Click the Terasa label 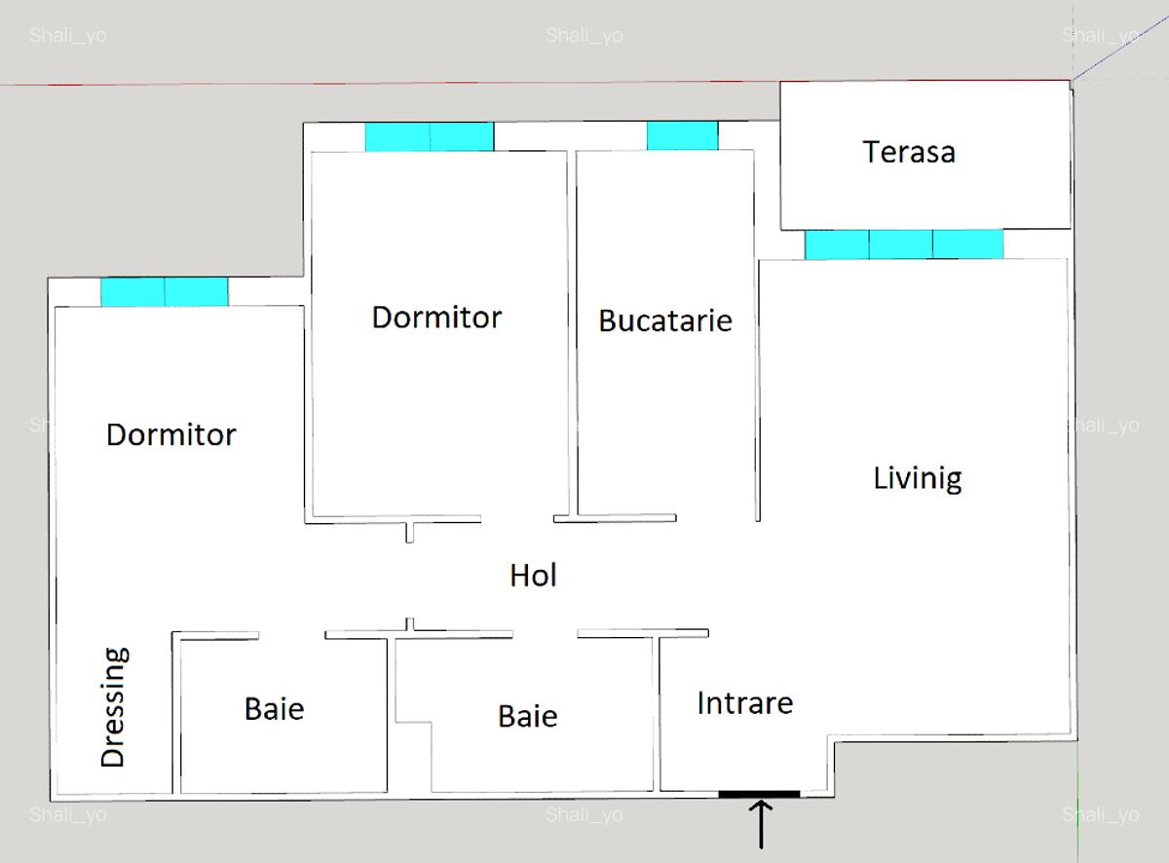(908, 152)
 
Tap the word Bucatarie (664, 320)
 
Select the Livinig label (917, 478)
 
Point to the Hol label (533, 576)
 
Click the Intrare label (744, 703)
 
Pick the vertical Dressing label (114, 707)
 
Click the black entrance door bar (759, 794)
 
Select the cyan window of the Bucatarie (682, 136)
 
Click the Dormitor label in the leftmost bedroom (170, 434)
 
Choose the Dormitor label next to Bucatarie (436, 318)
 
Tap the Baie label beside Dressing (274, 709)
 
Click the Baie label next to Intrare (527, 717)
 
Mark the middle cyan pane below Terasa (901, 244)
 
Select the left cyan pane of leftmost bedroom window (132, 292)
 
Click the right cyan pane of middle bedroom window (462, 136)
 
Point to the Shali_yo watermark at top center (584, 37)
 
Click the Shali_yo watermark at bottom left (67, 814)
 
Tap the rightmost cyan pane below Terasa (967, 244)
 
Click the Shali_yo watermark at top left (67, 37)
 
